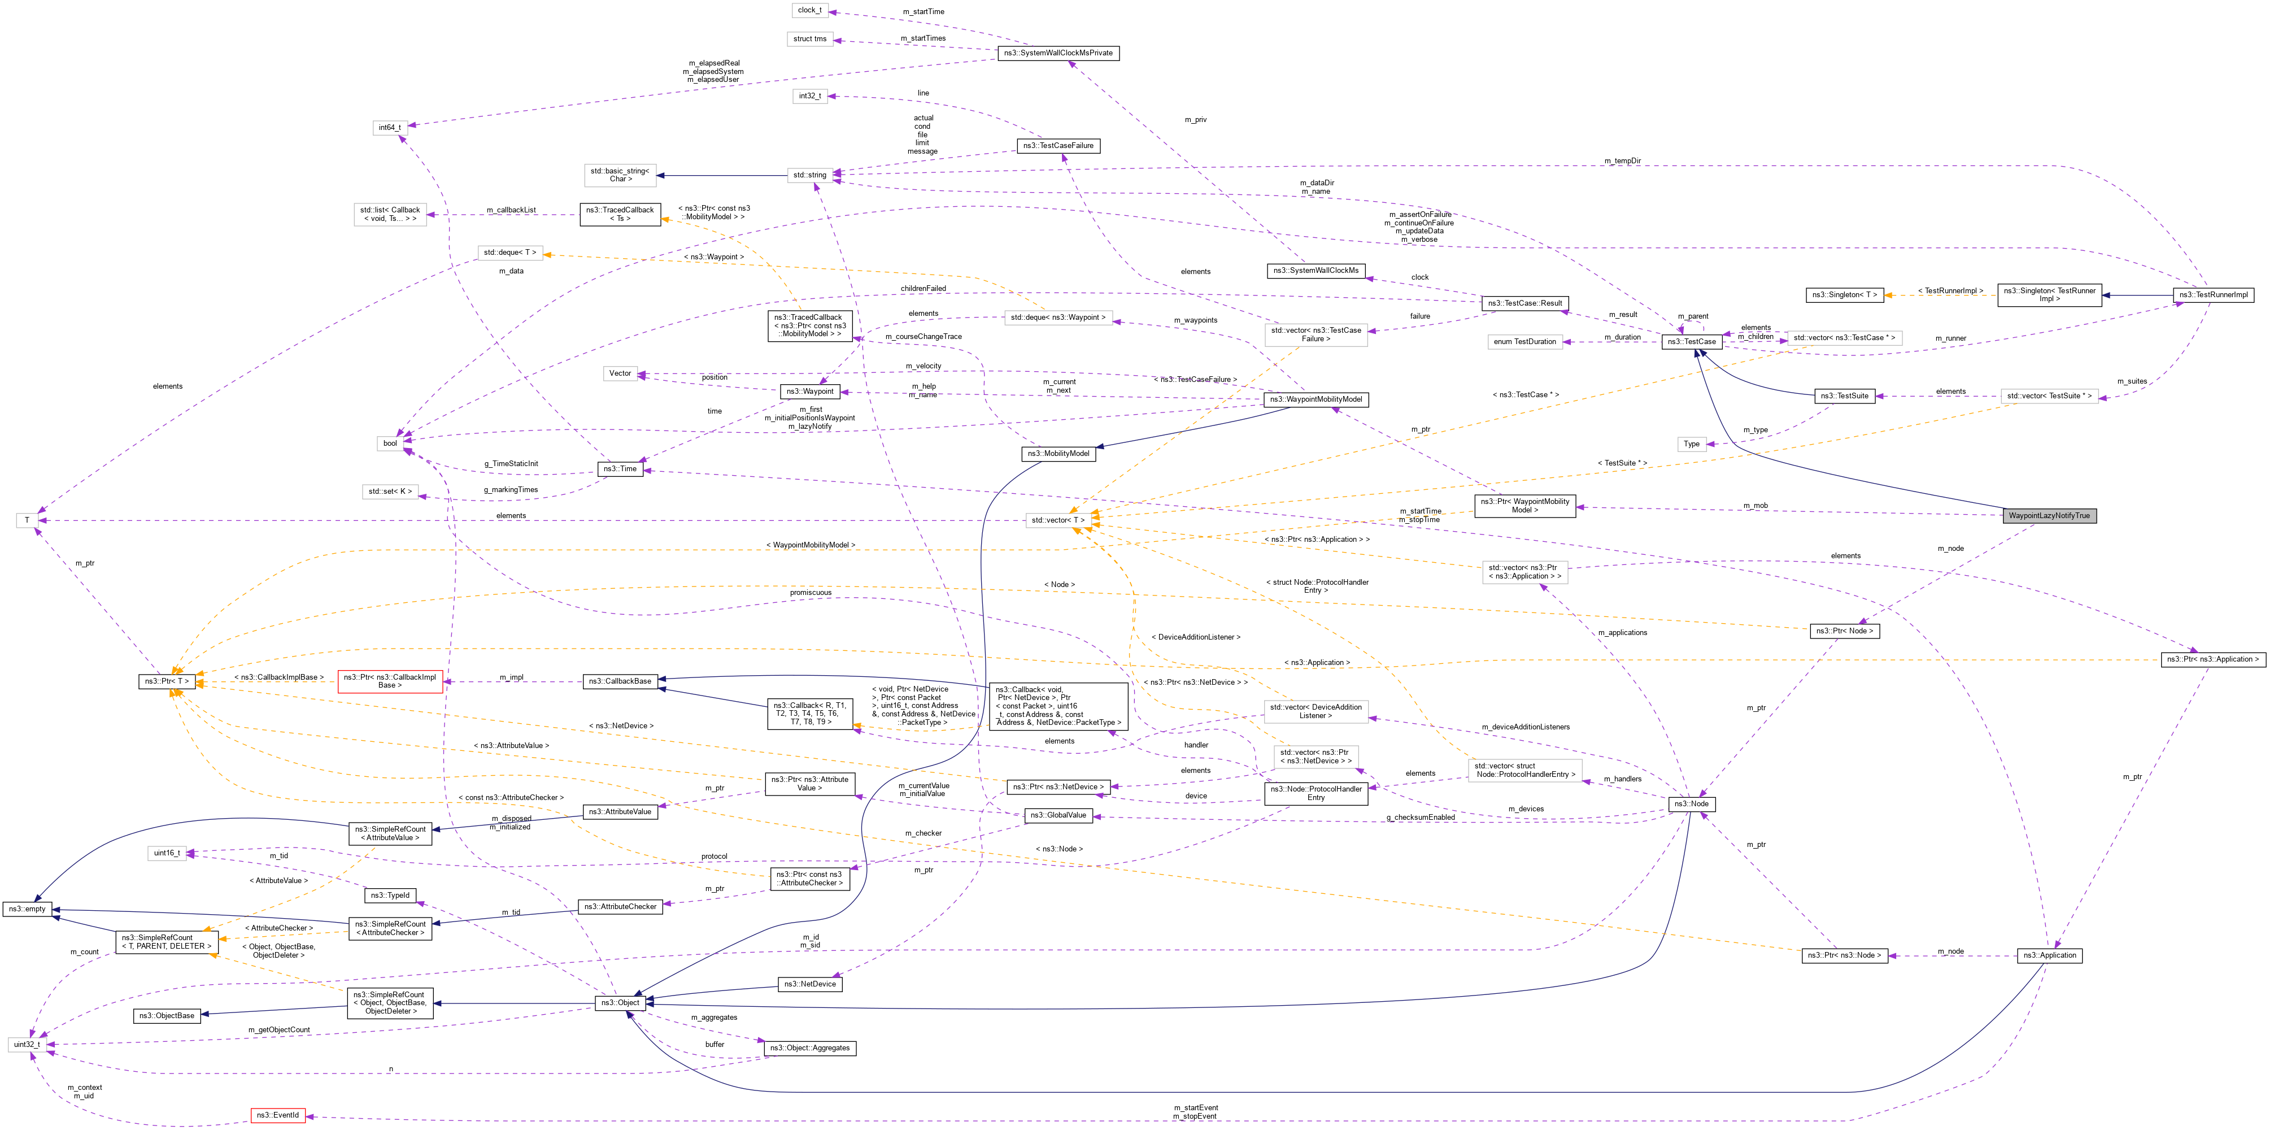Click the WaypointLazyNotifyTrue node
tap(2048, 515)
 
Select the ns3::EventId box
tap(277, 1115)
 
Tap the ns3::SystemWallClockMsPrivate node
tap(1058, 53)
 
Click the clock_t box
tap(809, 11)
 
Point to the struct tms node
tap(809, 39)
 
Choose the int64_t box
tap(389, 128)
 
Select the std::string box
tap(809, 175)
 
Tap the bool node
tap(389, 443)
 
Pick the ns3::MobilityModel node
tap(1058, 454)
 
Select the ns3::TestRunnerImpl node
tap(2213, 295)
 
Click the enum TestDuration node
tap(1525, 342)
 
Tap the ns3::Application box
tap(2049, 955)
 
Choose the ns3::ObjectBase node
tap(167, 1015)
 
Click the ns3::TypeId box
tap(389, 895)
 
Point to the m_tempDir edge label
tap(1622, 161)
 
